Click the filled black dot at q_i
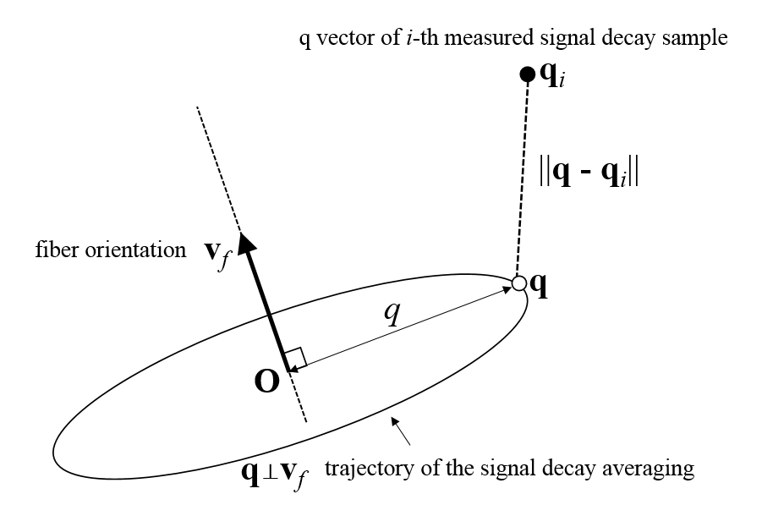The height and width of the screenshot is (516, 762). (525, 74)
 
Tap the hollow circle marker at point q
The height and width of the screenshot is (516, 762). (518, 283)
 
